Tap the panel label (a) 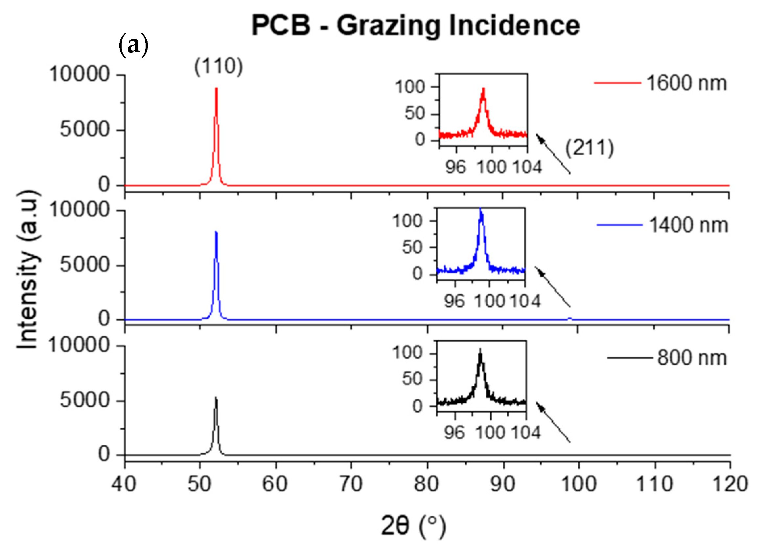point(133,45)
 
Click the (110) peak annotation point(219,66)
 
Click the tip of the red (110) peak point(217,89)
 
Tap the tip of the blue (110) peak point(216,232)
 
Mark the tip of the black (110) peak point(216,398)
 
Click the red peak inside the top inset point(483,90)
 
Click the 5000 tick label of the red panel point(85,130)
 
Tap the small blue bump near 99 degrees point(569,318)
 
